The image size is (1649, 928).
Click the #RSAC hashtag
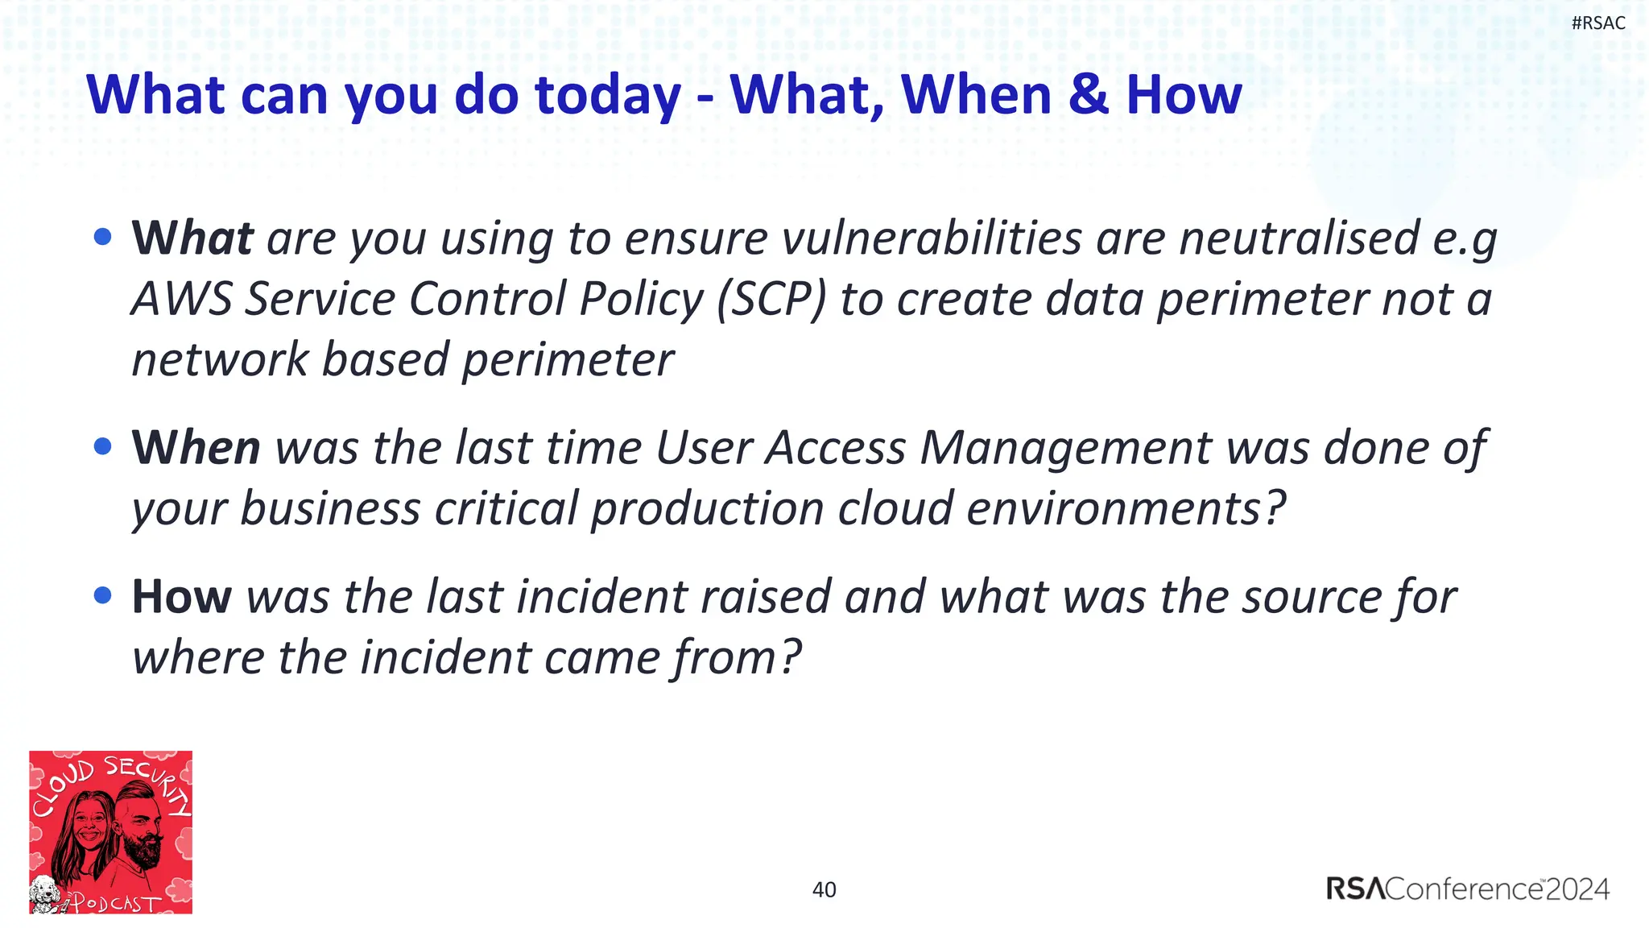pos(1598,23)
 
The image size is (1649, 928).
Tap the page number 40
pos(824,890)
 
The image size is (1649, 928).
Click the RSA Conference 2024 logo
pos(1467,889)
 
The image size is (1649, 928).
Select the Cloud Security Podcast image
pos(111,832)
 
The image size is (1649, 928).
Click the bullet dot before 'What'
pos(102,237)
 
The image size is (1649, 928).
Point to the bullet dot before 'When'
pos(102,446)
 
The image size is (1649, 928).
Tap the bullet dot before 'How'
pos(102,595)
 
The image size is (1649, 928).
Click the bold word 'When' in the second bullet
pos(196,447)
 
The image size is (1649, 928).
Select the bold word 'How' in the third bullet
pos(181,597)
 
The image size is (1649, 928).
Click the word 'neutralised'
pos(1299,238)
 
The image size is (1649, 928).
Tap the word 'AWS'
pos(182,299)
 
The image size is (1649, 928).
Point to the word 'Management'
pos(1065,447)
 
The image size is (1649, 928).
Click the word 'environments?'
pos(1126,509)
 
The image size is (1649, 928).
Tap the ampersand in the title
pos(1089,94)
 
